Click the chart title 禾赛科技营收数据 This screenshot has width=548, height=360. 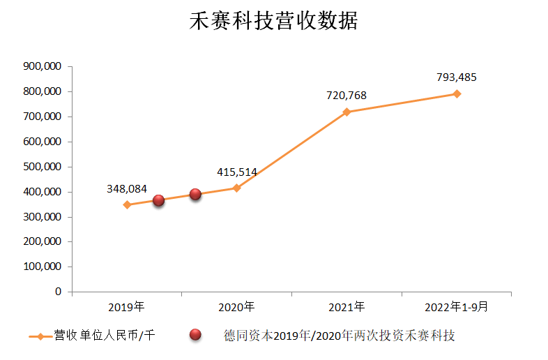coord(274,21)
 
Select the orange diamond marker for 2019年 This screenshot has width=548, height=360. coord(127,204)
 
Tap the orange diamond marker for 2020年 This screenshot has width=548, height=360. coord(237,188)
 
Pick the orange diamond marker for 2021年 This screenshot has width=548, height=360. coord(347,112)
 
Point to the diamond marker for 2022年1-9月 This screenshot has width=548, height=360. coord(457,93)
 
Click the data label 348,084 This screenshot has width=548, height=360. coord(127,188)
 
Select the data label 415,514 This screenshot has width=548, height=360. coord(237,172)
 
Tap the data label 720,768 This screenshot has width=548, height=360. coord(347,96)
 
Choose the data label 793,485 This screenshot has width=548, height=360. coord(457,77)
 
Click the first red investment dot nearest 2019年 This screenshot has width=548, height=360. coord(158,200)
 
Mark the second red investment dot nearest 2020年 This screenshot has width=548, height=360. coord(195,194)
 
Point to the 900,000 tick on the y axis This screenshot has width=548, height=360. coord(43,66)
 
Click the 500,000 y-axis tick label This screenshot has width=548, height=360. coord(43,167)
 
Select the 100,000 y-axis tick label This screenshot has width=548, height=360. coord(43,267)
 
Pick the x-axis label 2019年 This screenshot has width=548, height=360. coord(127,306)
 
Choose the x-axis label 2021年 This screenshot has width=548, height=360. coord(347,306)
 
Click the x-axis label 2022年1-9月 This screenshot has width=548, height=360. coord(457,306)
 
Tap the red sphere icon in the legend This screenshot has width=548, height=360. coord(196,336)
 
